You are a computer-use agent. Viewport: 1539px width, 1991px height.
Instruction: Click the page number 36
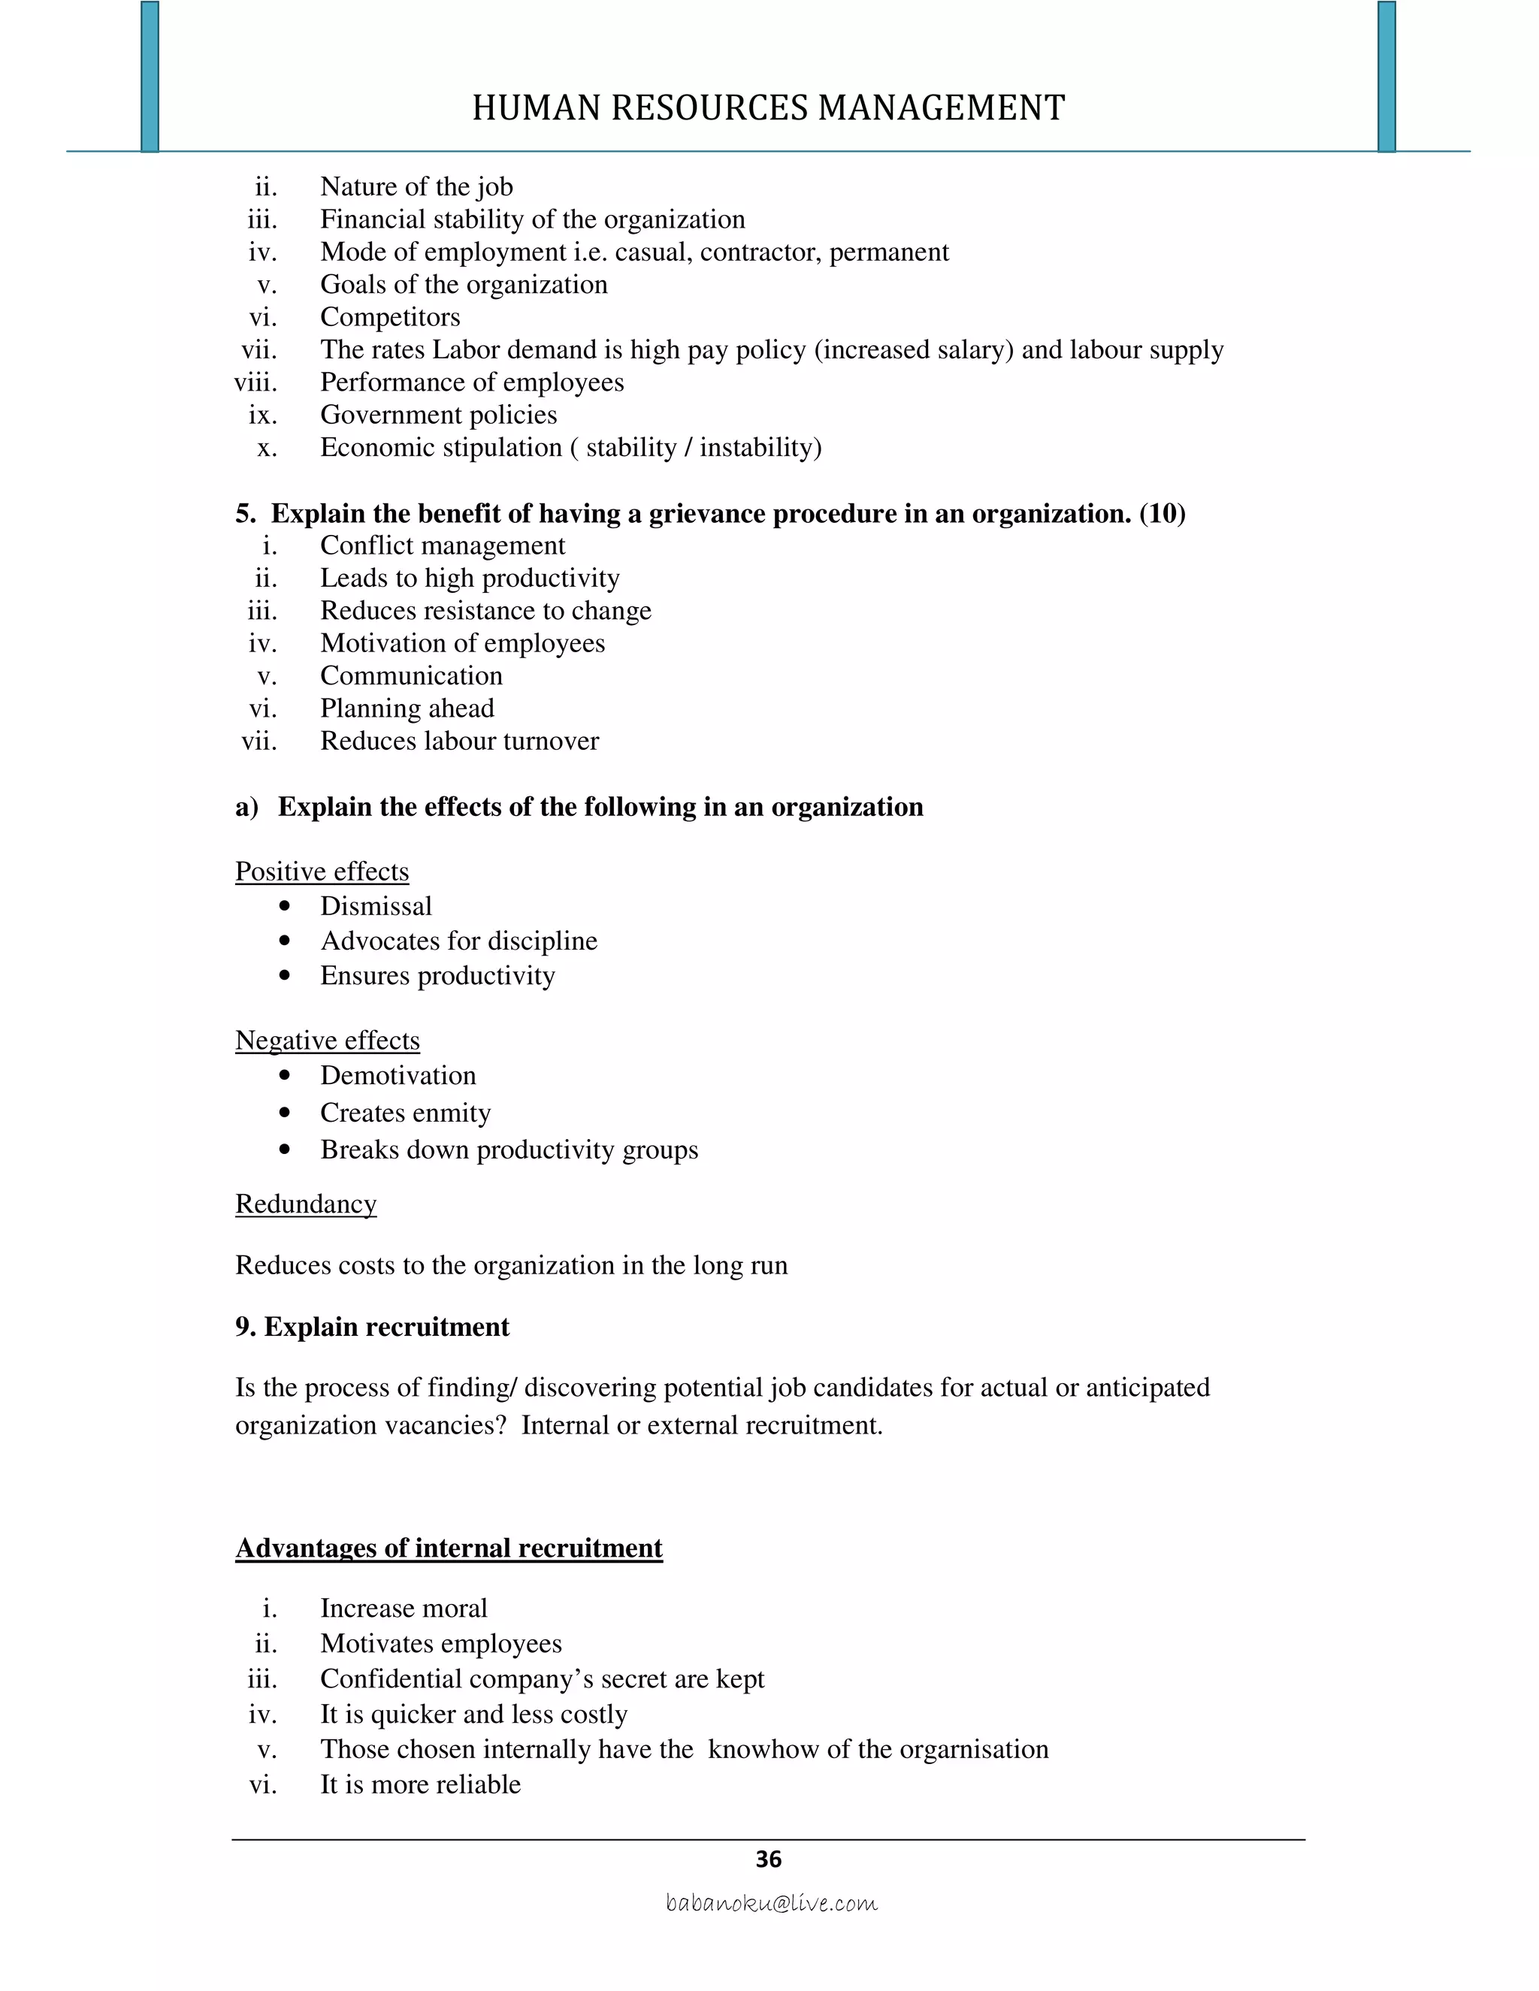[769, 1860]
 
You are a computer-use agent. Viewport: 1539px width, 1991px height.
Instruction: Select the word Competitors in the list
[390, 317]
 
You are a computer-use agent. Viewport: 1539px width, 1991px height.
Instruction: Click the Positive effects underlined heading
[322, 872]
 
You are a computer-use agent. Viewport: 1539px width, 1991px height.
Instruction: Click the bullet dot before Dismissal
[286, 906]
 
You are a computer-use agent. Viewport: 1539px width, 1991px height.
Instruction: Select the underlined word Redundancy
[305, 1204]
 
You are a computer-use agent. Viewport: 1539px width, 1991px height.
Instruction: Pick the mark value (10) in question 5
[1163, 514]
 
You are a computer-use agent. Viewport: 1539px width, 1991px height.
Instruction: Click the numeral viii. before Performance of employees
[256, 383]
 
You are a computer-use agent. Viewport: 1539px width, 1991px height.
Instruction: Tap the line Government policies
[439, 415]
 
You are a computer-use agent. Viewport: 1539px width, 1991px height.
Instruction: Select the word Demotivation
[398, 1076]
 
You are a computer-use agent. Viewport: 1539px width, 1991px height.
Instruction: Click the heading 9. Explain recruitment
[372, 1328]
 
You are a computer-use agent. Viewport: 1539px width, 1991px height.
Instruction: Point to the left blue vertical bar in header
[150, 77]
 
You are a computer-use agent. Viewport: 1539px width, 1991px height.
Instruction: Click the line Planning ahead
[407, 708]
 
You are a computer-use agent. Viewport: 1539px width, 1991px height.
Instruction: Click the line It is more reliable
[420, 1784]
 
